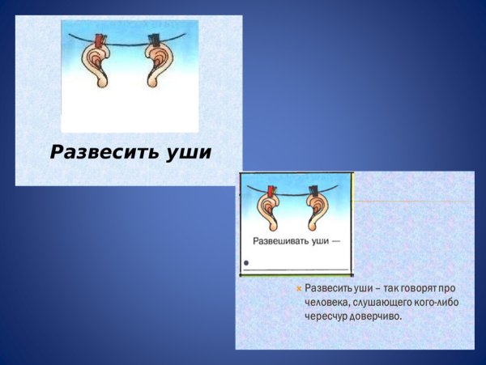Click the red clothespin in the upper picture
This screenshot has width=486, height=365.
tap(100, 40)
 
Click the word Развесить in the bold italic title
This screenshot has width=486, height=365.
tap(101, 152)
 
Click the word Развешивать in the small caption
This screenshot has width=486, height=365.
tap(280, 241)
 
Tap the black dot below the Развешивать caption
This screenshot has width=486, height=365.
tap(246, 263)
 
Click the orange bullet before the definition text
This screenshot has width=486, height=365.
tap(299, 288)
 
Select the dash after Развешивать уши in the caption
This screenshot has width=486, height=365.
tap(335, 241)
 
